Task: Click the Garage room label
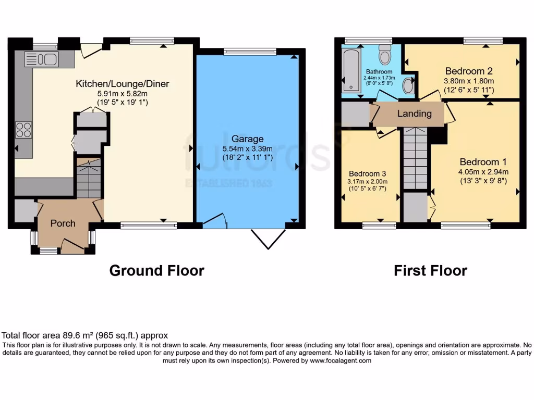[x=248, y=139]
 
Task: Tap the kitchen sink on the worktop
[x=45, y=59]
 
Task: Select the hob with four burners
[x=24, y=129]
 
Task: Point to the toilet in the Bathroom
[x=385, y=54]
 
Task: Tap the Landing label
[x=415, y=114]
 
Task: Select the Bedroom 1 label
[x=475, y=162]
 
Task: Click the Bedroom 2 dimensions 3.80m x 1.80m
[x=468, y=81]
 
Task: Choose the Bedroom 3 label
[x=368, y=173]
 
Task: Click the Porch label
[x=63, y=223]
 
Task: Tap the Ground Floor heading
[x=156, y=271]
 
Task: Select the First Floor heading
[x=430, y=271]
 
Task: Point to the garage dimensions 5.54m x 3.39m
[x=248, y=148]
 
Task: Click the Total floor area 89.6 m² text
[x=85, y=336]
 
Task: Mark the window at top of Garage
[x=250, y=51]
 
